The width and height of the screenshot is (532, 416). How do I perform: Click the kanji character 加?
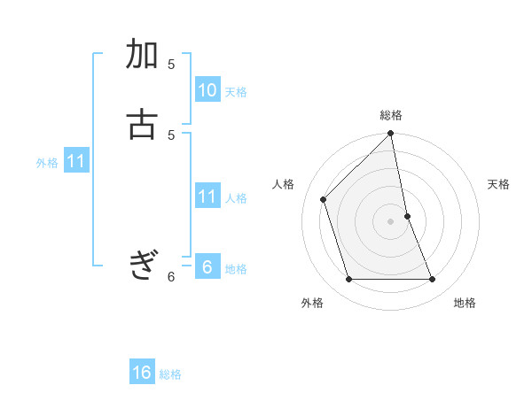tap(143, 55)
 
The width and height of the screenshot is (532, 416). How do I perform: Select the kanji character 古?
tap(143, 124)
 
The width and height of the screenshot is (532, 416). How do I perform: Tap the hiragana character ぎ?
tap(143, 265)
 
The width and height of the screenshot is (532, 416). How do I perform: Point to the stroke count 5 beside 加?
tap(171, 65)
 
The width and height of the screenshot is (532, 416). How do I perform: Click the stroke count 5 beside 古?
tap(171, 135)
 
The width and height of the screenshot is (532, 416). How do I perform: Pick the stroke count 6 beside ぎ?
tap(171, 277)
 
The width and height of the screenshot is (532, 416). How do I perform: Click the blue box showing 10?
tap(207, 90)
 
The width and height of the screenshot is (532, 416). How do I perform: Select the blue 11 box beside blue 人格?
tap(207, 196)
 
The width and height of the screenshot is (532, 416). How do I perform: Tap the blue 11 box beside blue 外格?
tap(76, 161)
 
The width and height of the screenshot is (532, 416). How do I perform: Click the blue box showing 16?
tap(142, 373)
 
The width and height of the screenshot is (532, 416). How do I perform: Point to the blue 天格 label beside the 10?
tap(236, 92)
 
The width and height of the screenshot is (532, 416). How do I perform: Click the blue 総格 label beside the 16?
tap(170, 374)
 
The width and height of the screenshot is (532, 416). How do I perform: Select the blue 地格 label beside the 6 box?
tap(236, 269)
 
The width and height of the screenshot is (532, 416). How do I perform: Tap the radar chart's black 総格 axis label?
tap(391, 115)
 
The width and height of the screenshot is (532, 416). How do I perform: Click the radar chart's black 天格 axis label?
tap(499, 184)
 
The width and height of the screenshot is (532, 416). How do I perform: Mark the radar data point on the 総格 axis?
tap(391, 134)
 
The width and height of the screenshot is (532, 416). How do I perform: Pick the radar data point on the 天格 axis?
tap(408, 215)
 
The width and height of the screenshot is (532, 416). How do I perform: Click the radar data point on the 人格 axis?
tap(324, 199)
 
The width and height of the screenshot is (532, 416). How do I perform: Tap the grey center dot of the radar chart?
tap(391, 221)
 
